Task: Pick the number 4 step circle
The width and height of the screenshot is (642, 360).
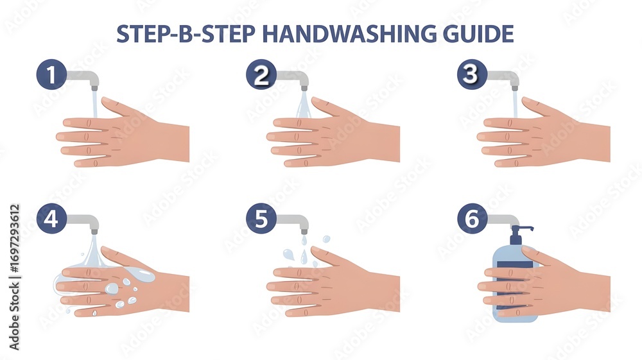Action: (51, 219)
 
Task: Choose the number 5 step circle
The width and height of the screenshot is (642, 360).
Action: (261, 219)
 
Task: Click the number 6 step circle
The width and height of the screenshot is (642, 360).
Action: (472, 219)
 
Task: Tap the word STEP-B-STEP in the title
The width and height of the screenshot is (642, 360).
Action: (186, 33)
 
